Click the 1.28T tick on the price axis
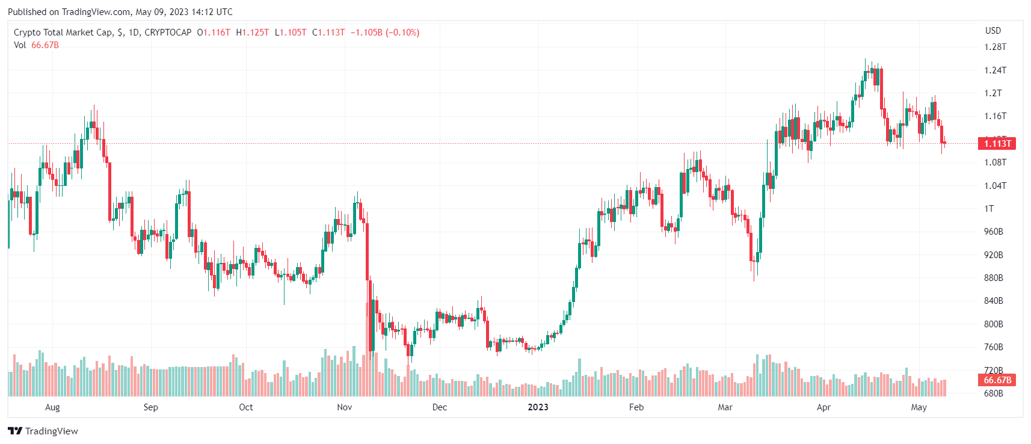click(995, 47)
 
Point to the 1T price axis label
click(989, 209)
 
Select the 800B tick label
click(993, 324)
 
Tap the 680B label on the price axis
click(993, 393)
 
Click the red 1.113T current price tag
click(997, 143)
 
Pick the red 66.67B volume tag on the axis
click(997, 380)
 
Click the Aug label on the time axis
click(52, 407)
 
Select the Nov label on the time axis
click(345, 407)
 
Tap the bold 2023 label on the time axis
click(538, 407)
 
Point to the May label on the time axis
click(919, 407)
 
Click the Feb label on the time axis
click(636, 407)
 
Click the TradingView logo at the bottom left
click(43, 431)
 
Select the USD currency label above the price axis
click(993, 31)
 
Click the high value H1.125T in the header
click(253, 32)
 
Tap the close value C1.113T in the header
click(328, 32)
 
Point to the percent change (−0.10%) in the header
click(402, 32)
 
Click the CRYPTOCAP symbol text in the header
click(168, 32)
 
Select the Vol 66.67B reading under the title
click(37, 45)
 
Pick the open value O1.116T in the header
click(214, 32)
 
